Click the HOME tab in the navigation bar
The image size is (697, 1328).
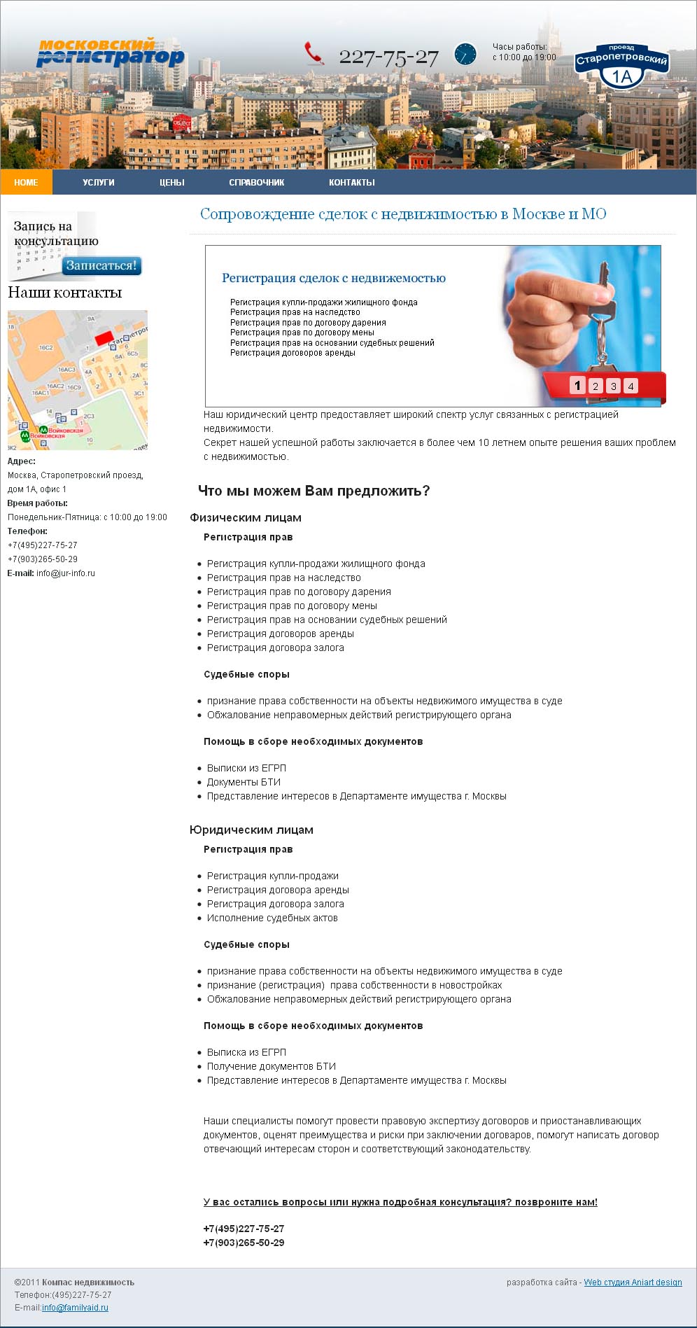pos(26,182)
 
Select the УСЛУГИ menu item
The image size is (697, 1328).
pos(99,182)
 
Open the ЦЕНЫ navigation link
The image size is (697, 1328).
pos(172,182)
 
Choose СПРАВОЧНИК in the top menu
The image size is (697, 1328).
pos(257,182)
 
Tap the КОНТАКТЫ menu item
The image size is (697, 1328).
pos(352,182)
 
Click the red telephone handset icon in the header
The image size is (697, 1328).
pos(314,54)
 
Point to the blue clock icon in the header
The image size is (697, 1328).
pos(465,54)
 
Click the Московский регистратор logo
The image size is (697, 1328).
pos(110,53)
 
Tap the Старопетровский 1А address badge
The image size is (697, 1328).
pos(621,66)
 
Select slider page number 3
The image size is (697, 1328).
pos(613,386)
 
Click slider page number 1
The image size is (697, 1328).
pos(577,385)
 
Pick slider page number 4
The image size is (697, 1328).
pos(631,386)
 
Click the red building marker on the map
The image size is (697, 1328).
pos(104,338)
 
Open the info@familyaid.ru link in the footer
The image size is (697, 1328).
pos(75,1307)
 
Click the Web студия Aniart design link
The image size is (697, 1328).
pos(633,1282)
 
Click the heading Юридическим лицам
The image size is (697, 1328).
pos(251,830)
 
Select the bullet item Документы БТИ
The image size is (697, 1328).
pos(244,782)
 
